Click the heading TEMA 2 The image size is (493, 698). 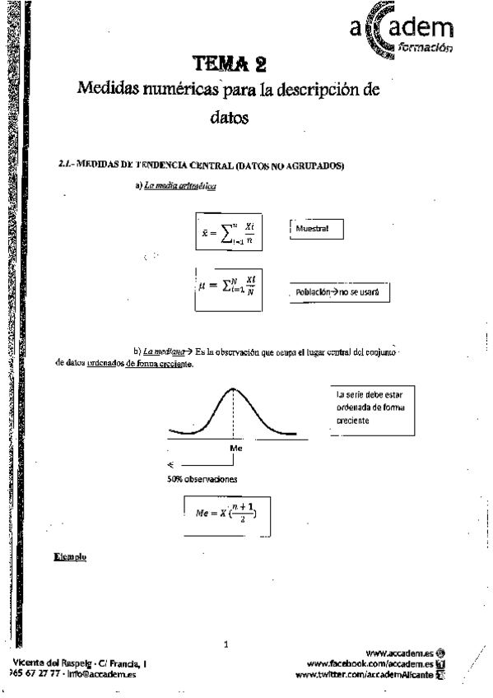point(230,63)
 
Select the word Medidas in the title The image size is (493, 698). point(112,89)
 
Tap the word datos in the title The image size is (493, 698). point(228,117)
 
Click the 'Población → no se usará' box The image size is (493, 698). point(337,293)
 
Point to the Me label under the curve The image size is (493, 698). point(235,449)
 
